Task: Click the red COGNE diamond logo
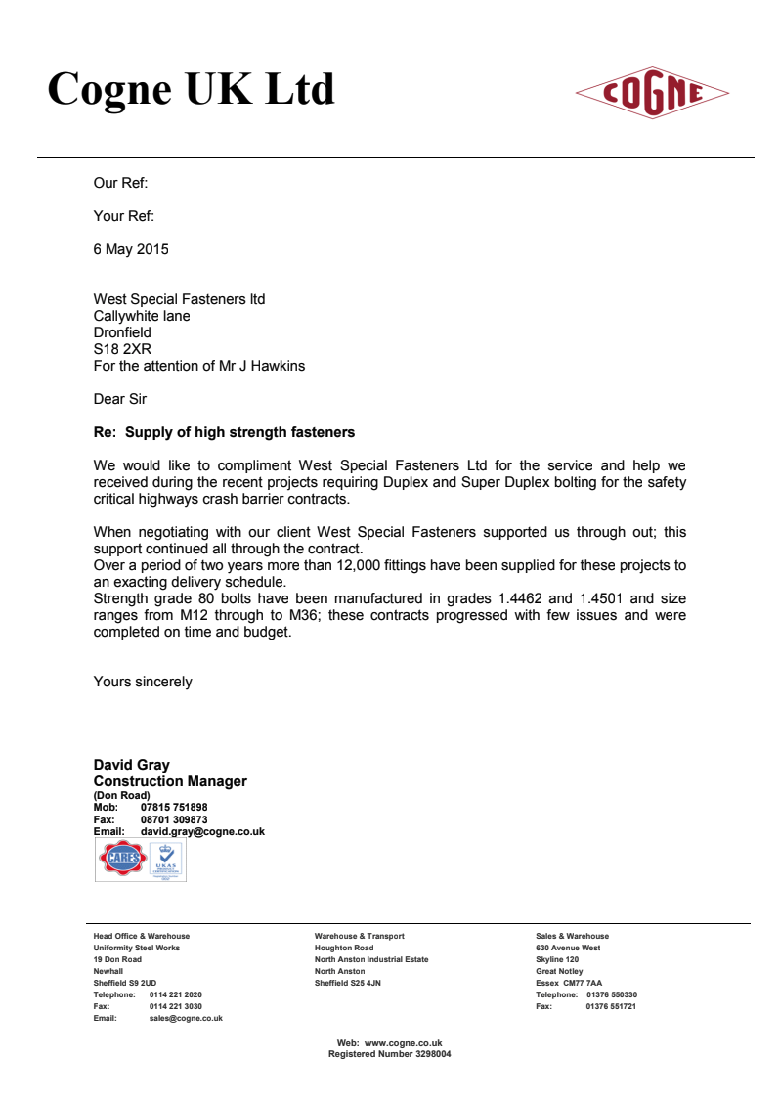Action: [x=652, y=93]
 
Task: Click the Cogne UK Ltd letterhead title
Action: [x=192, y=89]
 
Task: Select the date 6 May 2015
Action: [x=131, y=249]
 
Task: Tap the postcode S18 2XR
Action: [x=122, y=349]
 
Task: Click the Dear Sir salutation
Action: [x=122, y=399]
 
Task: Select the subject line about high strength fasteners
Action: [x=224, y=432]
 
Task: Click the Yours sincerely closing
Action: [x=143, y=682]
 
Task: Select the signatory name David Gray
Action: [x=131, y=765]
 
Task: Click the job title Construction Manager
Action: [x=170, y=781]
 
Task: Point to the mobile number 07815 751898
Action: [x=174, y=808]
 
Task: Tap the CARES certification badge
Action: [x=120, y=861]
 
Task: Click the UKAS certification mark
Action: [x=167, y=861]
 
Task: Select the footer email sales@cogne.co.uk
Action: [x=186, y=1018]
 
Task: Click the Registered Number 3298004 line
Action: [x=389, y=1054]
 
